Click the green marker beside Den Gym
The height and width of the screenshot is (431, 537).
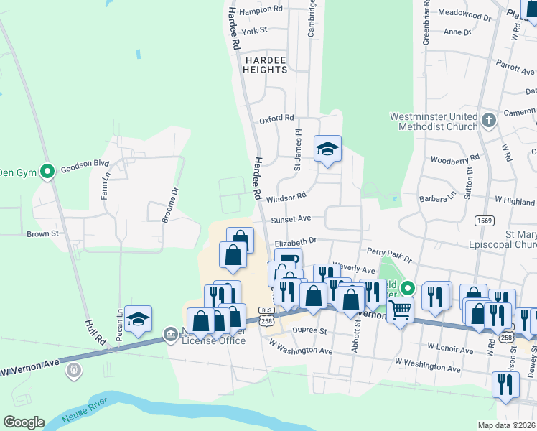click(47, 172)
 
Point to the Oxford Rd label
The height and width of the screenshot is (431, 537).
click(276, 119)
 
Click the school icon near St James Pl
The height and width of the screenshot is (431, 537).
click(327, 149)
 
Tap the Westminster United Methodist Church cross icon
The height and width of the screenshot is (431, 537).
click(489, 120)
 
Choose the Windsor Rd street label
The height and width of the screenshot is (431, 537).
click(286, 195)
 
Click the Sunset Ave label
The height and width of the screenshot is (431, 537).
click(291, 219)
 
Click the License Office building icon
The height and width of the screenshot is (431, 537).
click(171, 334)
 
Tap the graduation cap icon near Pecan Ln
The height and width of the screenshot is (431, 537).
click(138, 318)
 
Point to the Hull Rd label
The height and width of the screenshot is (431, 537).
click(96, 334)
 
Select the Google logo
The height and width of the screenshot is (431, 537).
click(24, 422)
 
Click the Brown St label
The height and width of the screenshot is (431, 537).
click(42, 234)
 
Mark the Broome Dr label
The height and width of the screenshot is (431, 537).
click(173, 202)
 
